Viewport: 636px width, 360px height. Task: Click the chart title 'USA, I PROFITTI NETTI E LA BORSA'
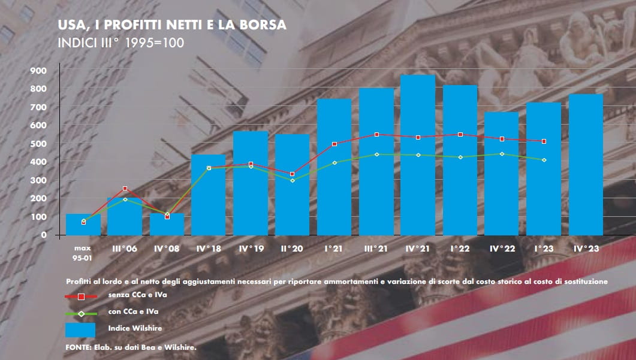(171, 26)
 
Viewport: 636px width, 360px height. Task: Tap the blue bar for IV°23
(586, 165)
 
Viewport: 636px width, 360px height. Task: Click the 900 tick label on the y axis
(38, 71)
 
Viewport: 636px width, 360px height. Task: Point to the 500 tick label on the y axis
(38, 144)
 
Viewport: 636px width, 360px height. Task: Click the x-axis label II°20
(292, 247)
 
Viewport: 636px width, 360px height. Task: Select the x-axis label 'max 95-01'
(82, 252)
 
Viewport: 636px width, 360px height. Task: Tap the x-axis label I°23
(543, 247)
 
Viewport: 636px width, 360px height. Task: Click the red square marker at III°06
(125, 189)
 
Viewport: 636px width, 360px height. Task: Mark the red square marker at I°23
(544, 141)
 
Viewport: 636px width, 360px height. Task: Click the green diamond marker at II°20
(293, 180)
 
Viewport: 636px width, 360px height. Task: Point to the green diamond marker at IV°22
(502, 154)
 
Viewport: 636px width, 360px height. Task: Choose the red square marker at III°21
(376, 135)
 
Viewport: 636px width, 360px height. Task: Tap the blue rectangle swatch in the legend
(81, 330)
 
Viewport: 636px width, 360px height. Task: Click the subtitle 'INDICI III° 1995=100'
(120, 43)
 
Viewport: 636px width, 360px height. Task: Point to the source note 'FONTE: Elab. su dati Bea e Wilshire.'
(130, 347)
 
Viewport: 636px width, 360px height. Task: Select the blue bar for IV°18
(208, 195)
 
